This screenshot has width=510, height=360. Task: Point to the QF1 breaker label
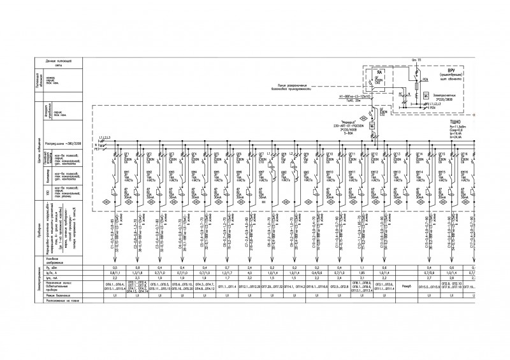tap(127, 154)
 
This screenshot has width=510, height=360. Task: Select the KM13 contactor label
tap(397, 172)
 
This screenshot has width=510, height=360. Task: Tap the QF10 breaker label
tap(330, 154)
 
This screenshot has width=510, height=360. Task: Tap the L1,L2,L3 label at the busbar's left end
tap(105, 138)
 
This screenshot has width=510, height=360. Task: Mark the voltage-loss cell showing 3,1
tap(361, 278)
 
